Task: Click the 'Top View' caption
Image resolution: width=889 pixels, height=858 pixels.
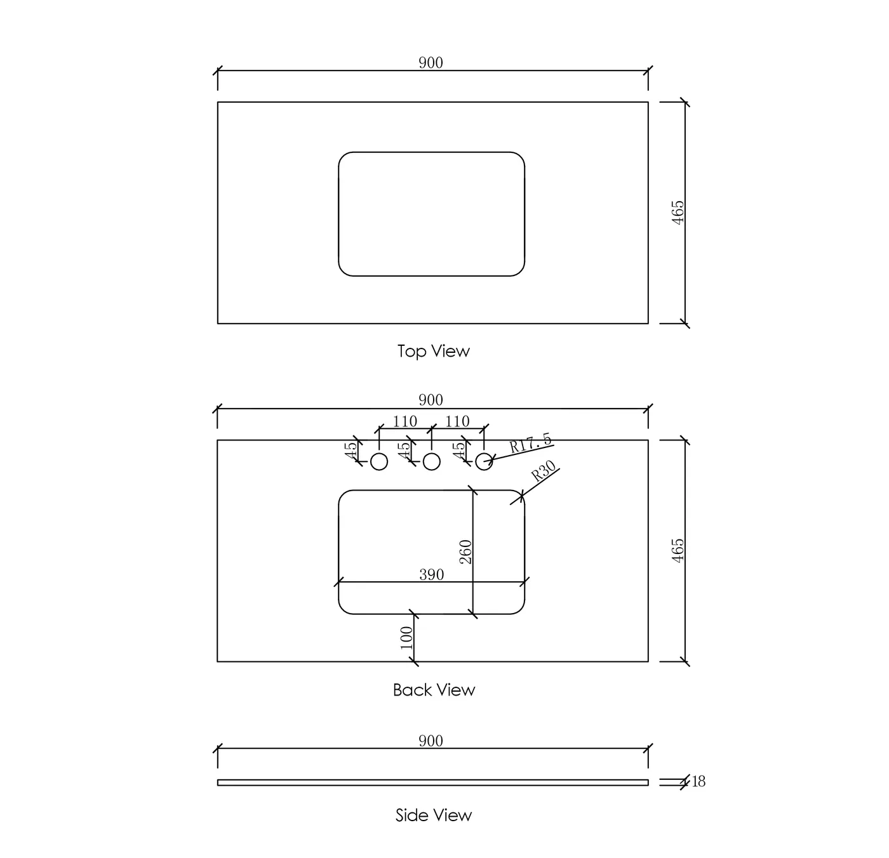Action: click(433, 351)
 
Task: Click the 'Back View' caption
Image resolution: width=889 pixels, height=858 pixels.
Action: click(434, 690)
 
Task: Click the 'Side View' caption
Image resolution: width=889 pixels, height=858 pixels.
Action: click(434, 815)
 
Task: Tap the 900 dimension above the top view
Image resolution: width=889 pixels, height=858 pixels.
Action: click(431, 62)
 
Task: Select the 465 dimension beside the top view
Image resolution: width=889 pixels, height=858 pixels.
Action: click(678, 213)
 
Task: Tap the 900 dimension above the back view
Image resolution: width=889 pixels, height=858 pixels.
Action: click(431, 400)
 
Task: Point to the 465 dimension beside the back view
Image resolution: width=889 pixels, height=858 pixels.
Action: click(678, 550)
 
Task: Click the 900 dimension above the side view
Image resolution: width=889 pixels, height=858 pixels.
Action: click(431, 741)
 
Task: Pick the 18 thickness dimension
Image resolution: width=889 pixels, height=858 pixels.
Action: click(698, 781)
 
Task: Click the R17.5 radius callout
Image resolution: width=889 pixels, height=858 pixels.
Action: click(530, 443)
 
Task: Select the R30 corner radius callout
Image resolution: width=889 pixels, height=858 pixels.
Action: click(543, 472)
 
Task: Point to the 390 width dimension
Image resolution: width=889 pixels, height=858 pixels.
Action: click(432, 574)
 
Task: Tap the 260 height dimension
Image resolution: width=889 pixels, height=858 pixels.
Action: click(465, 551)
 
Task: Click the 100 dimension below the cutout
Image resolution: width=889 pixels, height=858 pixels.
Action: click(406, 638)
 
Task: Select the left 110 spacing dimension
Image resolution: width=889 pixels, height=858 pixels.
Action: click(405, 421)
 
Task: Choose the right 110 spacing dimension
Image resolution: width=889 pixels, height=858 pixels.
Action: click(457, 421)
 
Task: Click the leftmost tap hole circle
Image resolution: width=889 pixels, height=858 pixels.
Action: click(379, 462)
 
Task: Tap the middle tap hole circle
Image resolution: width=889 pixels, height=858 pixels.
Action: click(432, 462)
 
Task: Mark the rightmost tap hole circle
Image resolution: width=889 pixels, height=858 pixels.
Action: click(484, 462)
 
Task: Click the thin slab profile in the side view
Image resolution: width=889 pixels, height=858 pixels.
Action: click(432, 782)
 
